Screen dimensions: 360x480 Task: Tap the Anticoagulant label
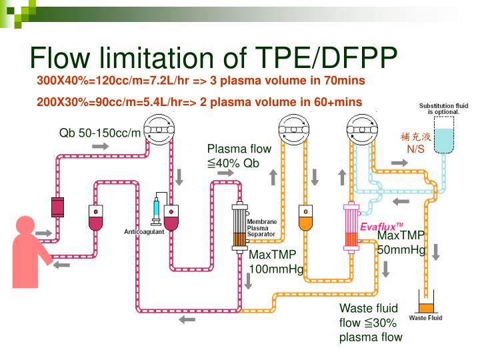point(145,232)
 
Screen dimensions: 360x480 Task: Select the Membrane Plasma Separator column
point(239,226)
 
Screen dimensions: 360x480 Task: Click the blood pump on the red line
point(159,129)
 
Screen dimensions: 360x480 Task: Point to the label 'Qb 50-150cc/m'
point(100,132)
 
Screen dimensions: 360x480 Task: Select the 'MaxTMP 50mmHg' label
point(401,243)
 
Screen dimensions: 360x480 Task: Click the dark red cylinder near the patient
point(57,207)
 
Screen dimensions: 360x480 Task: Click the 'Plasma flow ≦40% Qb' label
point(230,156)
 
